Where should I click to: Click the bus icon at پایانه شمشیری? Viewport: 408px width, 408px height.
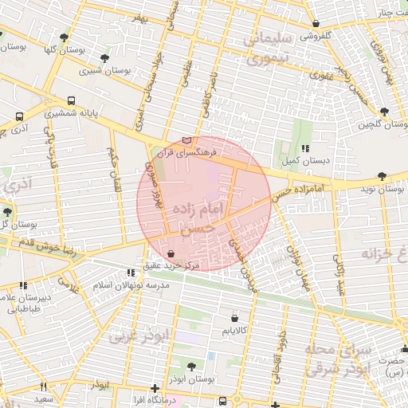(72, 101)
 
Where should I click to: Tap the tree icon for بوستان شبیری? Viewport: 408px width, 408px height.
(105, 58)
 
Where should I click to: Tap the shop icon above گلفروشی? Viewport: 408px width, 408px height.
(317, 24)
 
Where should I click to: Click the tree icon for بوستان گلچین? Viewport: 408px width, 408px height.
(384, 112)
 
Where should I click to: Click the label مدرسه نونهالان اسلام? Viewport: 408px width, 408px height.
(133, 284)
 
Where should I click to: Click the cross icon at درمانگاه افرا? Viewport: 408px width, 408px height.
(155, 388)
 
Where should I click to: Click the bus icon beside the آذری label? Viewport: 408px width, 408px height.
(19, 115)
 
